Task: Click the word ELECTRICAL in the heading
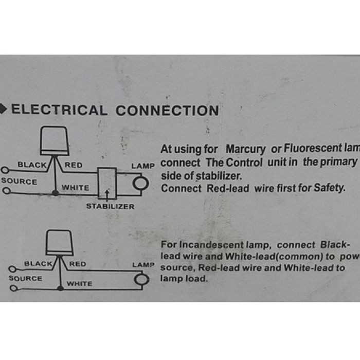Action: pos(59,110)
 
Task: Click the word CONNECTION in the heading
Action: pos(167,110)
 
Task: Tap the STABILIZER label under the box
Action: pos(110,206)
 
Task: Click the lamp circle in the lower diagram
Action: pos(141,279)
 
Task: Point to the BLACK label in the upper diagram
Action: pos(32,165)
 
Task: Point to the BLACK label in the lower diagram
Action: pos(38,264)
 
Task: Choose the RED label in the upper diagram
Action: pos(73,165)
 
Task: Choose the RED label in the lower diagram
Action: pos(78,264)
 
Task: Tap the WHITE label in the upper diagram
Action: pos(75,188)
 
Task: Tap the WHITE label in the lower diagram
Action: pos(79,283)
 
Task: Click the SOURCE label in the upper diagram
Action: pos(19,181)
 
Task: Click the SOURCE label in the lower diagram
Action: pos(25,278)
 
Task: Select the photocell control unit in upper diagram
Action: pos(55,140)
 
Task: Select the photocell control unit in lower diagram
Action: pos(59,242)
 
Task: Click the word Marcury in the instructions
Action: pos(245,150)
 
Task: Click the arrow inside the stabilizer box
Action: pos(107,192)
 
